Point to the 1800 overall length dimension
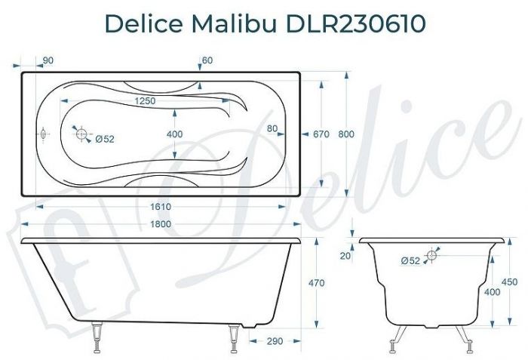[x=160, y=224]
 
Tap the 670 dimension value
[x=321, y=134]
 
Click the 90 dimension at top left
[x=47, y=60]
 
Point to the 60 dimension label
[x=207, y=60]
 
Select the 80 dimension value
[x=273, y=128]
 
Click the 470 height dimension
[x=317, y=283]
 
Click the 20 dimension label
[x=345, y=256]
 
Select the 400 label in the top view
[x=174, y=134]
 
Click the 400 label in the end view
[x=492, y=292]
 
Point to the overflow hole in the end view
[x=433, y=255]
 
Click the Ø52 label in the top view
[x=106, y=138]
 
